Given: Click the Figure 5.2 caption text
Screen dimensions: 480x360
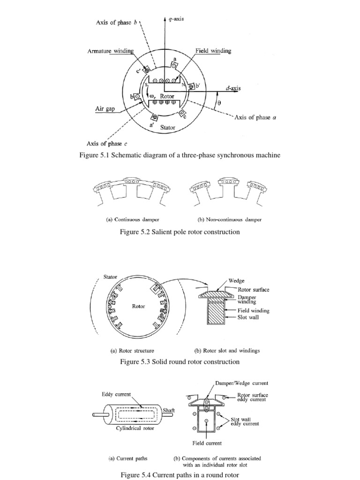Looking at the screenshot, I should (x=180, y=232).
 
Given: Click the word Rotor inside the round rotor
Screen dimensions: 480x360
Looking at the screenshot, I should (x=138, y=307).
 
